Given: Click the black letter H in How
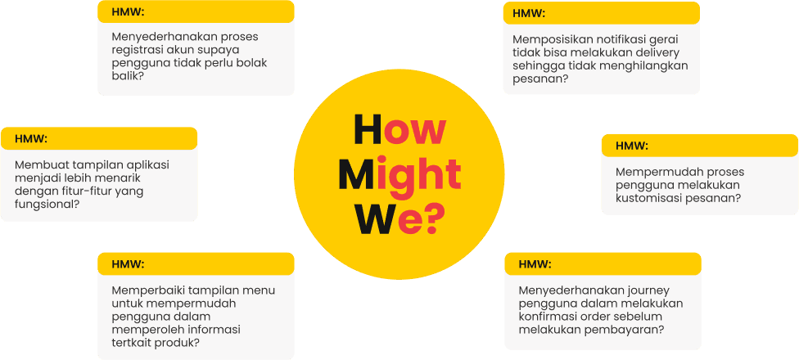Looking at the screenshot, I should (x=368, y=131).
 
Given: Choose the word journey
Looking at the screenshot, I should (x=650, y=290).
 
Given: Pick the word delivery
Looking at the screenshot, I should (x=657, y=52).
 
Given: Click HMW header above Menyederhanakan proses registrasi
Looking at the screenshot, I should (x=127, y=11).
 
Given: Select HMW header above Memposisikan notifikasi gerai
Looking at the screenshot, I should (x=529, y=13).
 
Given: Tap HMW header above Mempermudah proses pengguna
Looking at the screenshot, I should (x=631, y=146).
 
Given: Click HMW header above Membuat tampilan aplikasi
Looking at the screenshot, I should (x=31, y=138).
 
